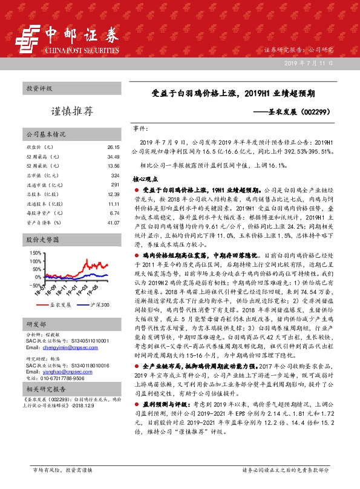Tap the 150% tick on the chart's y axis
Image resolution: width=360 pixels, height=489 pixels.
pyautogui.click(x=34, y=252)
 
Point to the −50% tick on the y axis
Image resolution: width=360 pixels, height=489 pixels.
pyautogui.click(x=34, y=285)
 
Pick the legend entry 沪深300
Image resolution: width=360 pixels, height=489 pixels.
pyautogui.click(x=99, y=305)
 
